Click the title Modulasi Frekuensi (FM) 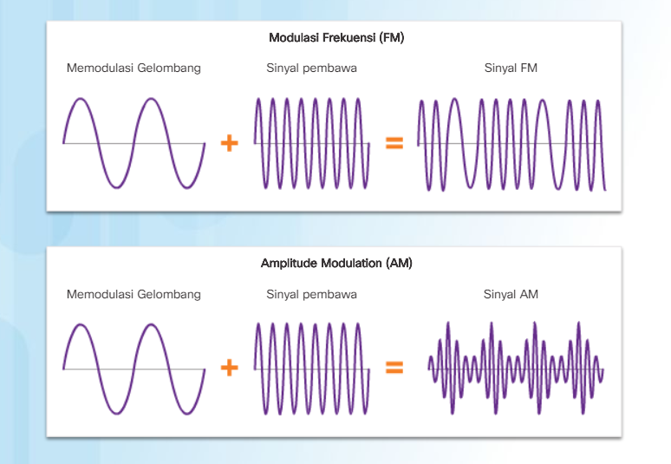click(336, 38)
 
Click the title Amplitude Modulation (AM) click(336, 263)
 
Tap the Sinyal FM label click(511, 69)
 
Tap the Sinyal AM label click(511, 295)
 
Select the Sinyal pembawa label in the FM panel click(311, 69)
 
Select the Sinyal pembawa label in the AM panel click(311, 295)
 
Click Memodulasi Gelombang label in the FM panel click(134, 69)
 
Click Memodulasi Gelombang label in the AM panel click(134, 295)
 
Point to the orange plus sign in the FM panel click(230, 143)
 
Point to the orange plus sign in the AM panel click(230, 369)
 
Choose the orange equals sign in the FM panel click(394, 143)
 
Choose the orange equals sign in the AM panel click(394, 369)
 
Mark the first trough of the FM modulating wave click(116, 186)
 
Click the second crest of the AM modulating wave click(152, 325)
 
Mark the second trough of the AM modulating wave click(187, 412)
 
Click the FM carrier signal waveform click(311, 143)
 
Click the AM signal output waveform click(516, 369)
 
